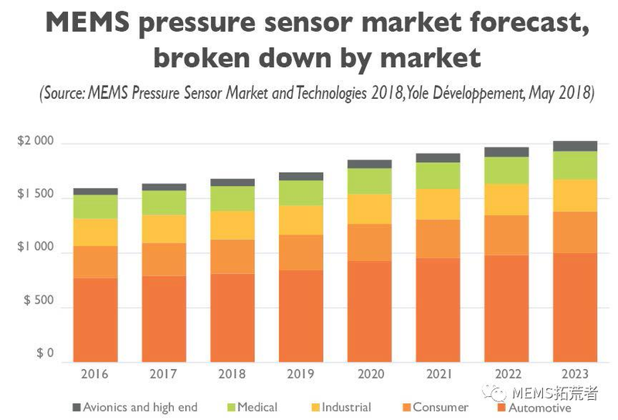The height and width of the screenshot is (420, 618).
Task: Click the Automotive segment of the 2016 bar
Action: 95,320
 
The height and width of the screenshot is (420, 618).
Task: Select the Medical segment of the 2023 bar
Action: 576,165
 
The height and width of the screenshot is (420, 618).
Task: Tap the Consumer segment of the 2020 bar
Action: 369,242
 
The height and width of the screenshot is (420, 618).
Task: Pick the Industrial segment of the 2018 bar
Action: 233,225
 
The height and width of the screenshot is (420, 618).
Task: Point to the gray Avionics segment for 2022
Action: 507,152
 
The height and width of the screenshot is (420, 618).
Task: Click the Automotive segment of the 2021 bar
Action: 439,310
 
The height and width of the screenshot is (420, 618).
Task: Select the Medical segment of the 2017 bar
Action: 164,202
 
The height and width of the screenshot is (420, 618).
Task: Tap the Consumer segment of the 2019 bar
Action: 301,252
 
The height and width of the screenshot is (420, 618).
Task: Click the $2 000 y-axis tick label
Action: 36,142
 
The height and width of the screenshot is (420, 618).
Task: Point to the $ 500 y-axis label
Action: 36,300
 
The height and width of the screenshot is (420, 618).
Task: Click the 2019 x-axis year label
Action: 301,374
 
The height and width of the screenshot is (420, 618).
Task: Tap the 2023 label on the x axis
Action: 576,374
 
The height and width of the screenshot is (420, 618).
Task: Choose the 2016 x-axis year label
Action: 95,374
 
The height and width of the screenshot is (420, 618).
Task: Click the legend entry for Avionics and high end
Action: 140,407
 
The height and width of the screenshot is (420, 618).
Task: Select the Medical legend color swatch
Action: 229,407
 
